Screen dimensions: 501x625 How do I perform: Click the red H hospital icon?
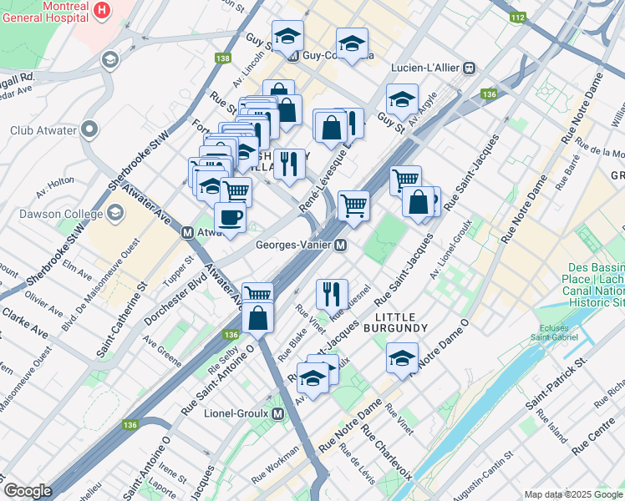coord(102,10)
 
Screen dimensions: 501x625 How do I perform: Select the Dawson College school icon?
coord(114,213)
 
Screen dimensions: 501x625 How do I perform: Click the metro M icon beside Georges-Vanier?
coord(340,245)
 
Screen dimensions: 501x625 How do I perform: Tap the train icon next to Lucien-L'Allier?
coord(469,67)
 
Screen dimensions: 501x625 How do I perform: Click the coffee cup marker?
coord(230,219)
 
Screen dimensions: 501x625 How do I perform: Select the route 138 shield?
coord(222,58)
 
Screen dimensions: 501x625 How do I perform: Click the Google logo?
coord(28,491)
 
